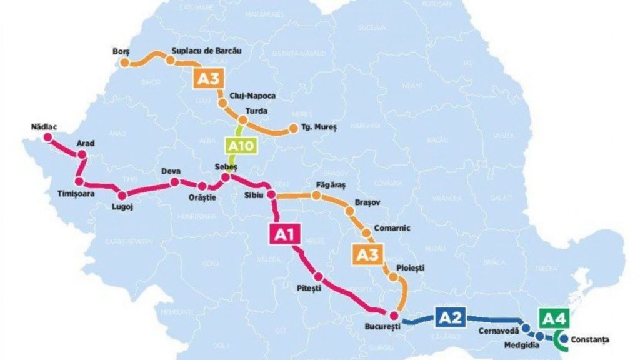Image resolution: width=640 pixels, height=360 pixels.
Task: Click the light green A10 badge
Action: click(x=241, y=147)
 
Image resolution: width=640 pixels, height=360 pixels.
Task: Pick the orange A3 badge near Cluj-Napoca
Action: click(x=207, y=78)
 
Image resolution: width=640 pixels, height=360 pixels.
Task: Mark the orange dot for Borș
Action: click(x=125, y=62)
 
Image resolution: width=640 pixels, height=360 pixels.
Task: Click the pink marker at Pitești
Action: click(x=319, y=277)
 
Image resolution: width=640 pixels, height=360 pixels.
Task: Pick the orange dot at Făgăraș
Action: click(x=317, y=196)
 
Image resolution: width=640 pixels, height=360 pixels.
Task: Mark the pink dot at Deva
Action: click(x=174, y=182)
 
